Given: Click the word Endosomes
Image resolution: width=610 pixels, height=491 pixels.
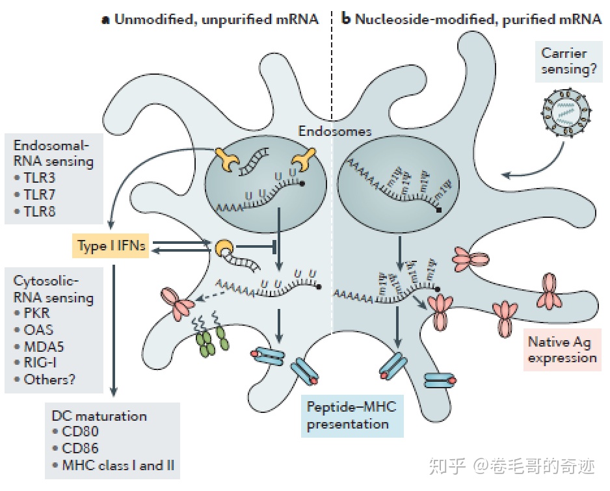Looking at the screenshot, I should [334, 131].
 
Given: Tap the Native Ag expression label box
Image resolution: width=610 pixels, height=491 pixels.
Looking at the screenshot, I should [562, 349].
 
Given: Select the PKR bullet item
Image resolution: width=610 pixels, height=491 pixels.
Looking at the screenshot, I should [38, 313].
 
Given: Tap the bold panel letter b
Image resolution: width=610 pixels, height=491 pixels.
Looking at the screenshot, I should [346, 19].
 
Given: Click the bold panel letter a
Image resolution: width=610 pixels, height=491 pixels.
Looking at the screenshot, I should [105, 20].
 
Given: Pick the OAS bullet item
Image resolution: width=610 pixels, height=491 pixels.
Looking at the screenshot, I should [38, 330].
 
